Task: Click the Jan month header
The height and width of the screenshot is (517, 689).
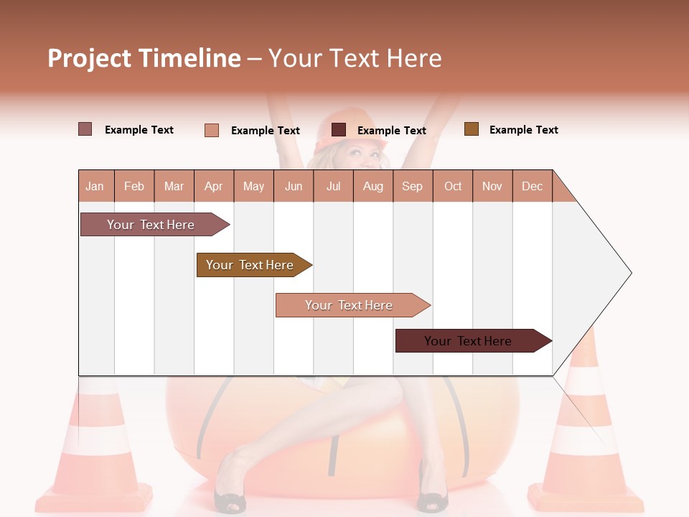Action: coord(95,186)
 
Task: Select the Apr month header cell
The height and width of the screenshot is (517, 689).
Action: coord(214,186)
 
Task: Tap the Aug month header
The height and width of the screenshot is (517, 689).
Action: coord(372,186)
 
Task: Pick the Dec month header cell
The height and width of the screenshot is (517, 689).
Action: coord(532,186)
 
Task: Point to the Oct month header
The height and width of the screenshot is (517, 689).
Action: coord(452,186)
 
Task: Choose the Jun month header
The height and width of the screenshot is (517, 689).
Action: coord(294,186)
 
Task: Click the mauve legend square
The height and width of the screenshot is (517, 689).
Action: coord(85,129)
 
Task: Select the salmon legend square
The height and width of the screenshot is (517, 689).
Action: coord(211,130)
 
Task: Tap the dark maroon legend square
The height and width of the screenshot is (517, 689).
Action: coord(339,130)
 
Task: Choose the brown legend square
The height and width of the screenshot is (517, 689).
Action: coord(471,129)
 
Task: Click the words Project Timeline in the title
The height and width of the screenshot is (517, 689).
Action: coord(144,58)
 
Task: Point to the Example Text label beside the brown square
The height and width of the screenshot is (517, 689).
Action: coord(523,130)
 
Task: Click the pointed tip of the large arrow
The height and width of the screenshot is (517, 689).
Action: coord(630,273)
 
